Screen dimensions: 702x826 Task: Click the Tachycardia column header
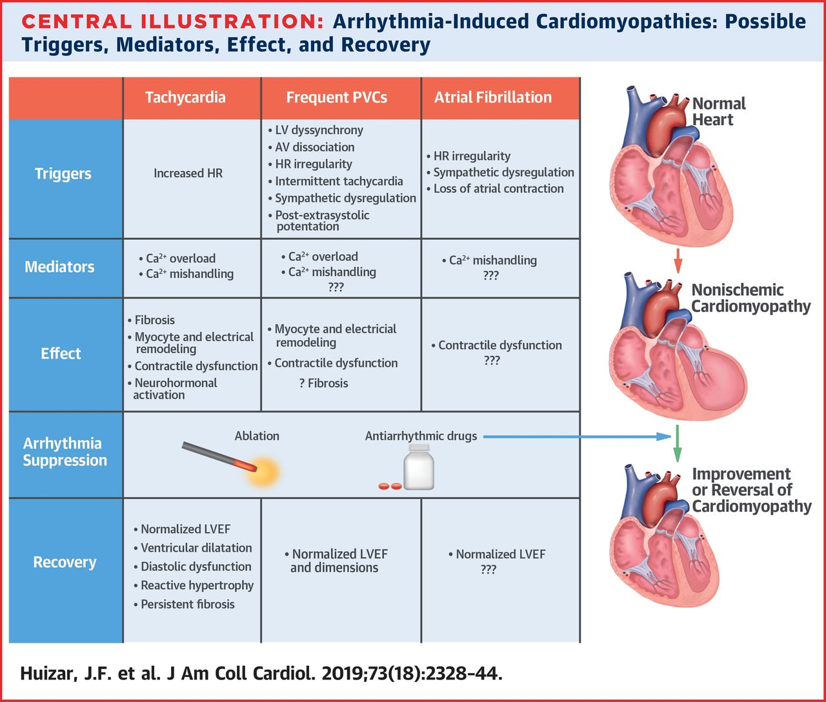click(185, 97)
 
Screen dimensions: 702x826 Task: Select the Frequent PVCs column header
click(337, 97)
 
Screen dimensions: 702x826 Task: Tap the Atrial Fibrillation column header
click(493, 97)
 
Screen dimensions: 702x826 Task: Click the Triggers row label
click(63, 173)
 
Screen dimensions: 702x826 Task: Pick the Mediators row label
click(59, 267)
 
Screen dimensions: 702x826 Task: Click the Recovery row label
click(65, 562)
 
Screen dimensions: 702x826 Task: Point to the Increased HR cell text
click(188, 173)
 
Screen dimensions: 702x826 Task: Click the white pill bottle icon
click(419, 467)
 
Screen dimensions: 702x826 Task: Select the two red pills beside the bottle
click(390, 485)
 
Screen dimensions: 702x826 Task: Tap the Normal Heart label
click(718, 112)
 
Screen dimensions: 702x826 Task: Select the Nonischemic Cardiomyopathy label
click(750, 298)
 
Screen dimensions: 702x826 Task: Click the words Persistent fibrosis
click(188, 604)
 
